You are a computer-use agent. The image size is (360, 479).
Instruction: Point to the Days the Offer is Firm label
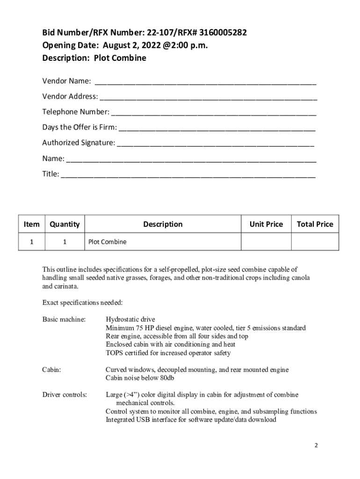coord(79,127)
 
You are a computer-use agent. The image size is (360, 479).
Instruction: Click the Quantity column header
coord(65,224)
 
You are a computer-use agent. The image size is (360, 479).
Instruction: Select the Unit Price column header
coord(266,224)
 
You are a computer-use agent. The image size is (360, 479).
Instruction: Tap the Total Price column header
coord(315,224)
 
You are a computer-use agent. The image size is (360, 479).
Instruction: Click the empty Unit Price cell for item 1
coord(266,242)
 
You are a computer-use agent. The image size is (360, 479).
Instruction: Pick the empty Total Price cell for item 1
coord(315,242)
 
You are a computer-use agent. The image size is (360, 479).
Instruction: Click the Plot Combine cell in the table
coord(108,242)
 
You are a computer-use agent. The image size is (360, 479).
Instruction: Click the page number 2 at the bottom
coord(316,445)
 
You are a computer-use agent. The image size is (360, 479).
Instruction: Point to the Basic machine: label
coord(64,319)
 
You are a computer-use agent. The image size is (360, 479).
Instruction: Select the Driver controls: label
coord(65,395)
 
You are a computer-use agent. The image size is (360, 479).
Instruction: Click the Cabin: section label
coord(51,370)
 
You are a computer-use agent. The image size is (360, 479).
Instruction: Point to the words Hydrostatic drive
coord(130,319)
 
